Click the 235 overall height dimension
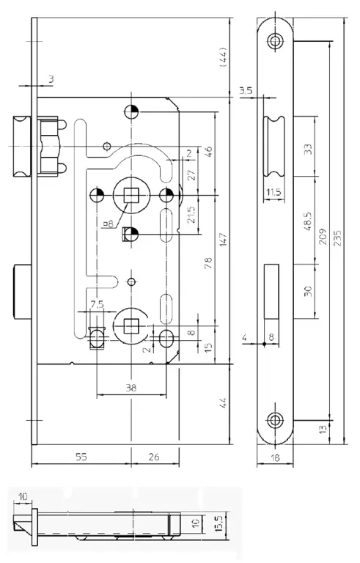coord(337,238)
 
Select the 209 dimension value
coord(323,236)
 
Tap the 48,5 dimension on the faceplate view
coord(308,221)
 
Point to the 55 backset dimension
coord(81,457)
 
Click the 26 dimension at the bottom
coord(154,457)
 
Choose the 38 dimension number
coord(131,387)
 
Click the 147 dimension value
coord(223,240)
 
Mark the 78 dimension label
coord(208,263)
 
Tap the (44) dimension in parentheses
coord(223,57)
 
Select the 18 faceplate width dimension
coord(275,457)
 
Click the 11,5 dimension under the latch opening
coord(273,193)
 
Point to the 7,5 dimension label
coord(97,304)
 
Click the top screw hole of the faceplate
coord(276,40)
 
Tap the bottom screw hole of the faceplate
coord(276,420)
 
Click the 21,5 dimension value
coord(191,214)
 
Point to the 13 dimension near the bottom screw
coord(323,429)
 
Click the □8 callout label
coord(108,224)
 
